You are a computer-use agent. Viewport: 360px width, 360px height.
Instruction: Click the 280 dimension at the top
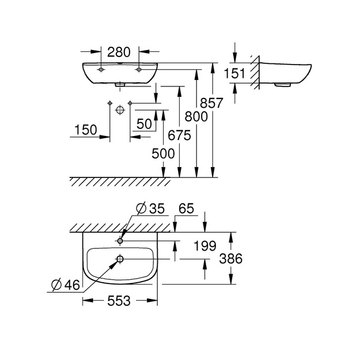(x=119, y=52)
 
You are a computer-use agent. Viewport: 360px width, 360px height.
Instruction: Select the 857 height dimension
(x=211, y=103)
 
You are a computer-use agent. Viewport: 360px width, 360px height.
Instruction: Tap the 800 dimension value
(x=196, y=116)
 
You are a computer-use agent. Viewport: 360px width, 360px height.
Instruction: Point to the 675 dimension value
(x=179, y=135)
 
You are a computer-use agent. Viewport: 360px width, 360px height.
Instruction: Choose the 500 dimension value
(x=163, y=154)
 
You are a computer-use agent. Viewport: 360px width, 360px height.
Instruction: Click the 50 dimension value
(x=145, y=124)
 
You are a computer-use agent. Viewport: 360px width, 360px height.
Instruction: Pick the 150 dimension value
(x=86, y=130)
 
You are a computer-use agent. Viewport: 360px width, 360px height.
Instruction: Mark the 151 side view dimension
(x=234, y=74)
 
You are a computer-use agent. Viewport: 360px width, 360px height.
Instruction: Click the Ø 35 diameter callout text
(x=150, y=209)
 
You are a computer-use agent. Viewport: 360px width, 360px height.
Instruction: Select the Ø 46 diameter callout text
(x=66, y=285)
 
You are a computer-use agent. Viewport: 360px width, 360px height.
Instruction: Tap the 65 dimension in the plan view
(x=186, y=209)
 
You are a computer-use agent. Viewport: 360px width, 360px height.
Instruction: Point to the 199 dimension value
(x=205, y=246)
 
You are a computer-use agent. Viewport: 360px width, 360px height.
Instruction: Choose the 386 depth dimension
(x=231, y=259)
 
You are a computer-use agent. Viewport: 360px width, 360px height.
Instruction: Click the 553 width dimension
(x=119, y=301)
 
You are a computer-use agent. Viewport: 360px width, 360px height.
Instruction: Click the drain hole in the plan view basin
(x=120, y=259)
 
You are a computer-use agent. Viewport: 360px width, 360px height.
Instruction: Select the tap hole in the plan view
(x=120, y=241)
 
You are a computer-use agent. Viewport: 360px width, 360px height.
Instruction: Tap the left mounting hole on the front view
(x=101, y=70)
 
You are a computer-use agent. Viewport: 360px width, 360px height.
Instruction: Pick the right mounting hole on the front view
(x=139, y=70)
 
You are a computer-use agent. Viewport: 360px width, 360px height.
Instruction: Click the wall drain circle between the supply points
(x=120, y=110)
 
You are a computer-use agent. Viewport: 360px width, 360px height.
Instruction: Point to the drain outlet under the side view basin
(x=283, y=85)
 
